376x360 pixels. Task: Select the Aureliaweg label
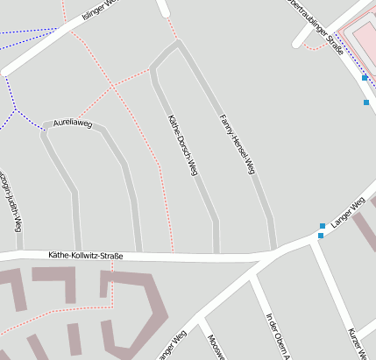click(x=73, y=124)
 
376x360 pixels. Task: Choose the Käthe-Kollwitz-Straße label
click(x=86, y=256)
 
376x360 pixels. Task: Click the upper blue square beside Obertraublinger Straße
click(x=365, y=78)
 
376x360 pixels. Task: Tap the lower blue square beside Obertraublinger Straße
click(x=366, y=102)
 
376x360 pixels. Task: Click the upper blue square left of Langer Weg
click(x=323, y=227)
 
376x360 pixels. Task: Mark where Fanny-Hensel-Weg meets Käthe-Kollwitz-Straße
click(x=273, y=250)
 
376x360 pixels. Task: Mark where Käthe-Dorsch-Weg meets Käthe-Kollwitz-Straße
click(x=216, y=251)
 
